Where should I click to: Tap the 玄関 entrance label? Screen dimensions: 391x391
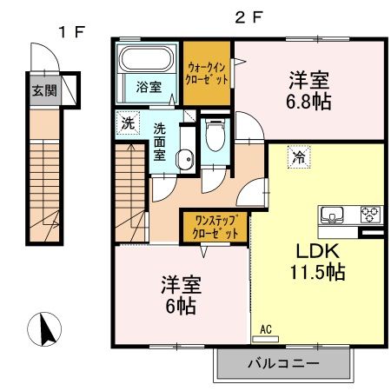tap(42, 89)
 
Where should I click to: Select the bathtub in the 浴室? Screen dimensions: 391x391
tap(148, 60)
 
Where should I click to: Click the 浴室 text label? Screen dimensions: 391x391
tap(148, 87)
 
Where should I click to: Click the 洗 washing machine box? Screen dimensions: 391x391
tap(128, 123)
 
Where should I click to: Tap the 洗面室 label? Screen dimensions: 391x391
tap(161, 141)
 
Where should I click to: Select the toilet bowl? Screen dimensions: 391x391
tap(215, 136)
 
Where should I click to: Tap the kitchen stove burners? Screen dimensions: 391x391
tap(371, 213)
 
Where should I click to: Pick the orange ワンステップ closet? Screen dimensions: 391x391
tap(216, 227)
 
